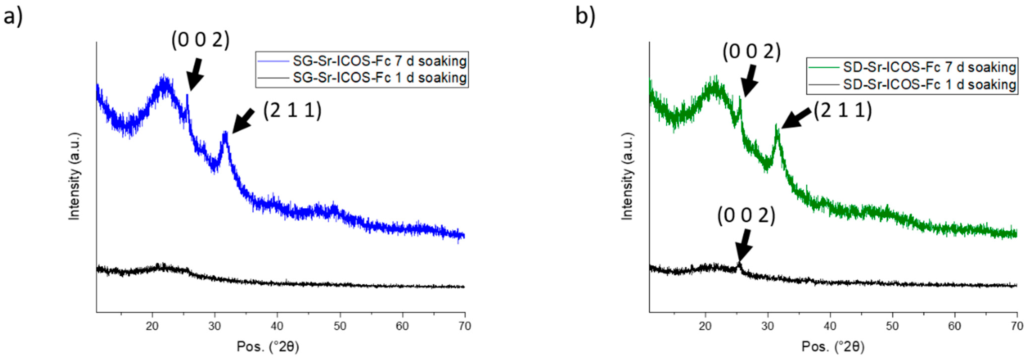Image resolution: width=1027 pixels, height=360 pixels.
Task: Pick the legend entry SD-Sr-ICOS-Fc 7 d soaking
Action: tap(929, 67)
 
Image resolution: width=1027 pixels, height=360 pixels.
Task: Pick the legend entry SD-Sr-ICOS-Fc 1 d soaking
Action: tap(929, 84)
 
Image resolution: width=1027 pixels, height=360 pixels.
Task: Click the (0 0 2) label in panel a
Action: tap(200, 40)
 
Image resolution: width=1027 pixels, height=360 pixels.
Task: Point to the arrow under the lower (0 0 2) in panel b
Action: tap(744, 246)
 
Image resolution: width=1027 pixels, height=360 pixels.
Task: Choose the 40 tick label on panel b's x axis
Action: tap(830, 326)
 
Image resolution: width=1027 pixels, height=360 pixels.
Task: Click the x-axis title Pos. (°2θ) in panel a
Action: tap(267, 347)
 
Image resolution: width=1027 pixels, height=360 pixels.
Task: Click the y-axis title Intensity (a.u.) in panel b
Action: tap(627, 176)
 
